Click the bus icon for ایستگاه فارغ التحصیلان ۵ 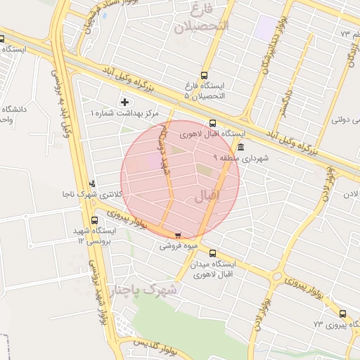(x=204, y=75)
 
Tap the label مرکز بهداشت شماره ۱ (x=125, y=112)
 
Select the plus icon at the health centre (x=125, y=102)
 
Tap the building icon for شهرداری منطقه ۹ (x=241, y=147)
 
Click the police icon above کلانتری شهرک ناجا (x=92, y=184)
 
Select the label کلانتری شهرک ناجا (x=98, y=194)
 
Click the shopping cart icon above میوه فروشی (x=177, y=236)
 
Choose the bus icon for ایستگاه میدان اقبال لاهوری (x=212, y=254)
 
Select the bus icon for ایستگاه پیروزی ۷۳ (x=342, y=314)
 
